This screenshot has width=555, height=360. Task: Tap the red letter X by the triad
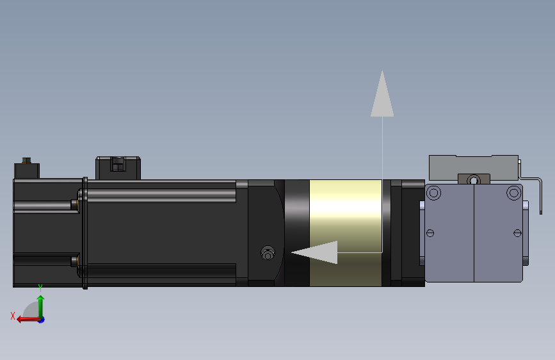coord(13,316)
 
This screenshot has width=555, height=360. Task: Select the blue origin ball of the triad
coord(41,319)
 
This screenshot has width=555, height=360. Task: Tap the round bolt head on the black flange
coord(268,254)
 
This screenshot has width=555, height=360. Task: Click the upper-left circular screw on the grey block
coord(433,192)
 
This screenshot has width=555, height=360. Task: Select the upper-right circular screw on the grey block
coord(513,192)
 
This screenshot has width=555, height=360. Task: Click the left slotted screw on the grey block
coord(430,233)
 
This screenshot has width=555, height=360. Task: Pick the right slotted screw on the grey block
coord(518,233)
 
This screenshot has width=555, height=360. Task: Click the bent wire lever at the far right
coord(540,195)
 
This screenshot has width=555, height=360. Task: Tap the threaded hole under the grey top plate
coord(474,179)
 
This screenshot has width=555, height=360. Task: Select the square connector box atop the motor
coord(118,168)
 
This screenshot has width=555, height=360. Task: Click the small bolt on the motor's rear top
coord(26,160)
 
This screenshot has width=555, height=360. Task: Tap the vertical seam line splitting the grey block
coord(474,234)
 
